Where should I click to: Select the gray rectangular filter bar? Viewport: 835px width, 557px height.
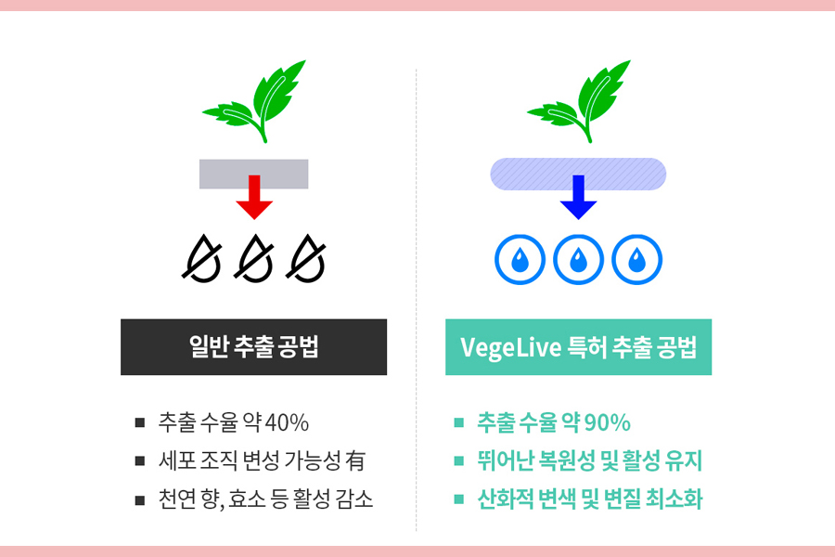(x=253, y=174)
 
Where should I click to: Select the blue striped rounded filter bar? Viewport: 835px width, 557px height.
(x=578, y=174)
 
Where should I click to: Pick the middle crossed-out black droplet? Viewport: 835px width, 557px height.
(x=253, y=258)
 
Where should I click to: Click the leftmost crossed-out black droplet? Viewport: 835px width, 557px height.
(x=201, y=258)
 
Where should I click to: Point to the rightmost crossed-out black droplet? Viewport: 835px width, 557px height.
(x=306, y=258)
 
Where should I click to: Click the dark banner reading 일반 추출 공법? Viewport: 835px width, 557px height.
(x=253, y=347)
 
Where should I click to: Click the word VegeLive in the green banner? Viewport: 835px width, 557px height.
(x=508, y=348)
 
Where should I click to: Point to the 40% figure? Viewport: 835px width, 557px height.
(x=287, y=423)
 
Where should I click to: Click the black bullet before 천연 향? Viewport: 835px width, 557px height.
(x=140, y=499)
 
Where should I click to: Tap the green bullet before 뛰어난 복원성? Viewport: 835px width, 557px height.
(x=458, y=461)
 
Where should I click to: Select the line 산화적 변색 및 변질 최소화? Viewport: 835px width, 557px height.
(x=589, y=499)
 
